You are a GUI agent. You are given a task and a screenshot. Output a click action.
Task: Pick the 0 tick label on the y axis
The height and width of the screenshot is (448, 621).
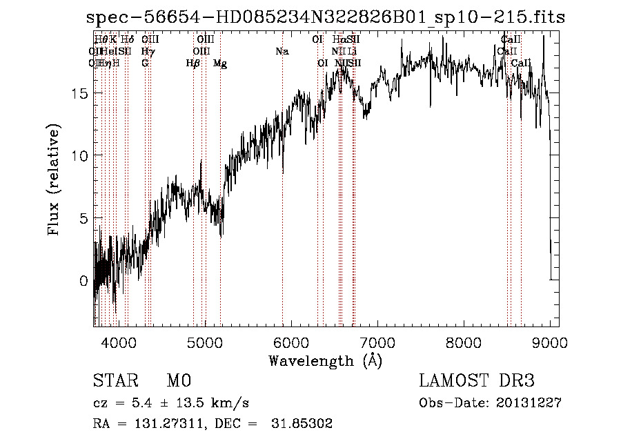point(84,281)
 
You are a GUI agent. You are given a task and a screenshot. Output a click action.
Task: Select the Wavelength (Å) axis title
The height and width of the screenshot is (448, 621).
point(325,360)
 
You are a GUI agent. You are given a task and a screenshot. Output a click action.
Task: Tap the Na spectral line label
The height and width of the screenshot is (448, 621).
point(282,51)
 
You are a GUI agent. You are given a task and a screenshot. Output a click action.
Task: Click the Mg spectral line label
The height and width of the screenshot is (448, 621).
point(219,63)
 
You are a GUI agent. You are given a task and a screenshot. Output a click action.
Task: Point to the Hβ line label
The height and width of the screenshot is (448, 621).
point(193,63)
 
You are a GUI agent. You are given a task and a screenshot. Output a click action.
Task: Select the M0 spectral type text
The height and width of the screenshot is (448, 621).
point(178,381)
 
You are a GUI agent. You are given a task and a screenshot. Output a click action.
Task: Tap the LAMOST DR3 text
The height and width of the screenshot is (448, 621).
point(477,381)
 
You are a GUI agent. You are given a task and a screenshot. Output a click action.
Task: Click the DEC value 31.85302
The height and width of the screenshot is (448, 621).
point(303,424)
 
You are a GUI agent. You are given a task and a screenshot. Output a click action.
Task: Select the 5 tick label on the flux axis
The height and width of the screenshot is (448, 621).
point(84,218)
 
